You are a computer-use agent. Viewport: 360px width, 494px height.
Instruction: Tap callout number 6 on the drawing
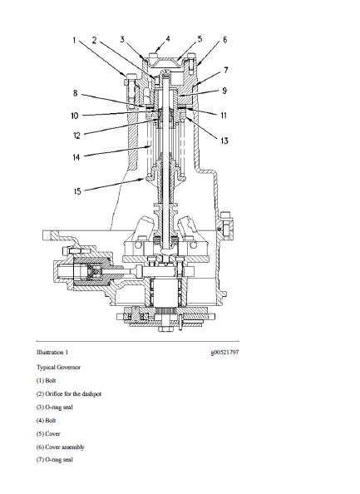point(225,40)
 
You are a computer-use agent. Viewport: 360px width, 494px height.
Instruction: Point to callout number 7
point(225,72)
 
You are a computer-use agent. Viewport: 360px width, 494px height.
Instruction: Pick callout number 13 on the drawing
point(224,141)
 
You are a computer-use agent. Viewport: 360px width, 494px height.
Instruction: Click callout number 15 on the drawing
point(76,191)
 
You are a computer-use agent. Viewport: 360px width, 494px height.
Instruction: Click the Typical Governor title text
point(57,366)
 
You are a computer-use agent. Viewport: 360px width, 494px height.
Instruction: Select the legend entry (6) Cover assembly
point(61,447)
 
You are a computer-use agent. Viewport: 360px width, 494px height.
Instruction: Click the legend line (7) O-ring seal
point(56,460)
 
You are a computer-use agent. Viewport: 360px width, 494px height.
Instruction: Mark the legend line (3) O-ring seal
point(56,407)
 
